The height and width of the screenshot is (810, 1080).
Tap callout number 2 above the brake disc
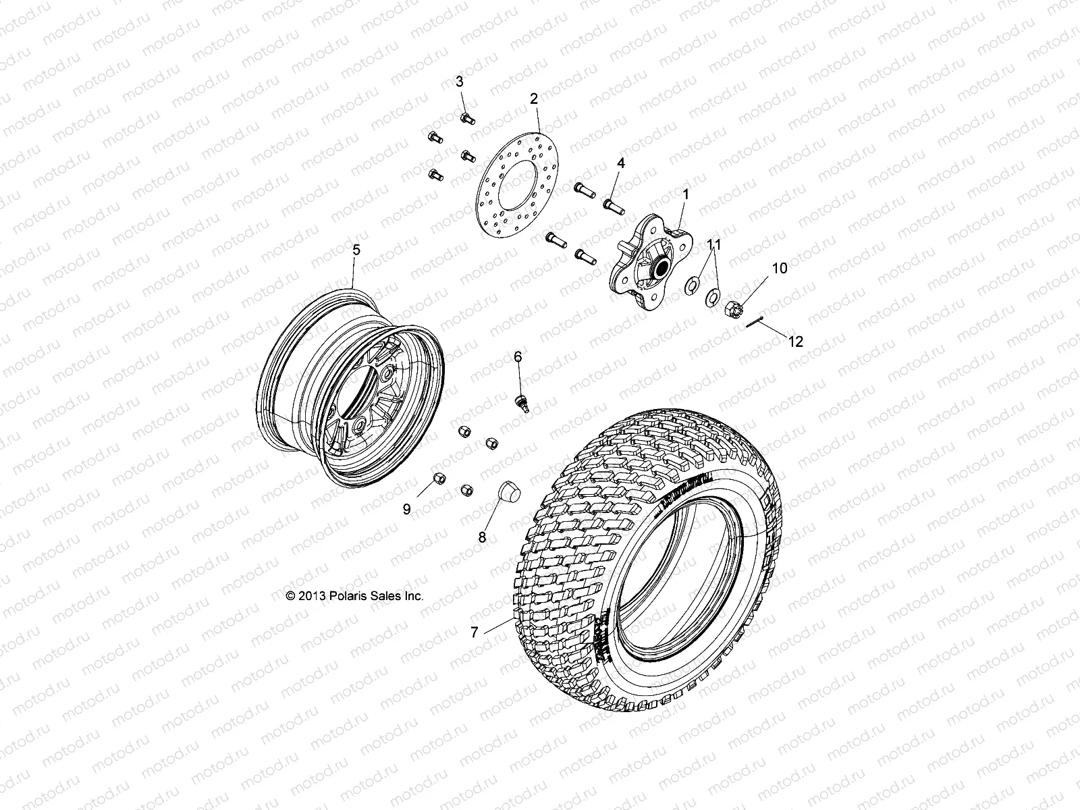click(533, 99)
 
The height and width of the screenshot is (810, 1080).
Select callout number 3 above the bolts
click(459, 82)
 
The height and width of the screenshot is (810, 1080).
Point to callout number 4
click(621, 163)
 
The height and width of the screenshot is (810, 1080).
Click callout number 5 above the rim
click(356, 250)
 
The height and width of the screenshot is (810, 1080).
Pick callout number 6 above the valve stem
click(518, 356)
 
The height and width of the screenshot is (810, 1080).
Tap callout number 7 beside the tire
click(475, 632)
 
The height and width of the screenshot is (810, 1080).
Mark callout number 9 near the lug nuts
click(406, 510)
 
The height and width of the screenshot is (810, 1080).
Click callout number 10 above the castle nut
click(761, 268)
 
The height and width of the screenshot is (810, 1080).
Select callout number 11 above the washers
click(715, 245)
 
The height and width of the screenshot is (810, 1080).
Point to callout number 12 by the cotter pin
click(796, 342)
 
